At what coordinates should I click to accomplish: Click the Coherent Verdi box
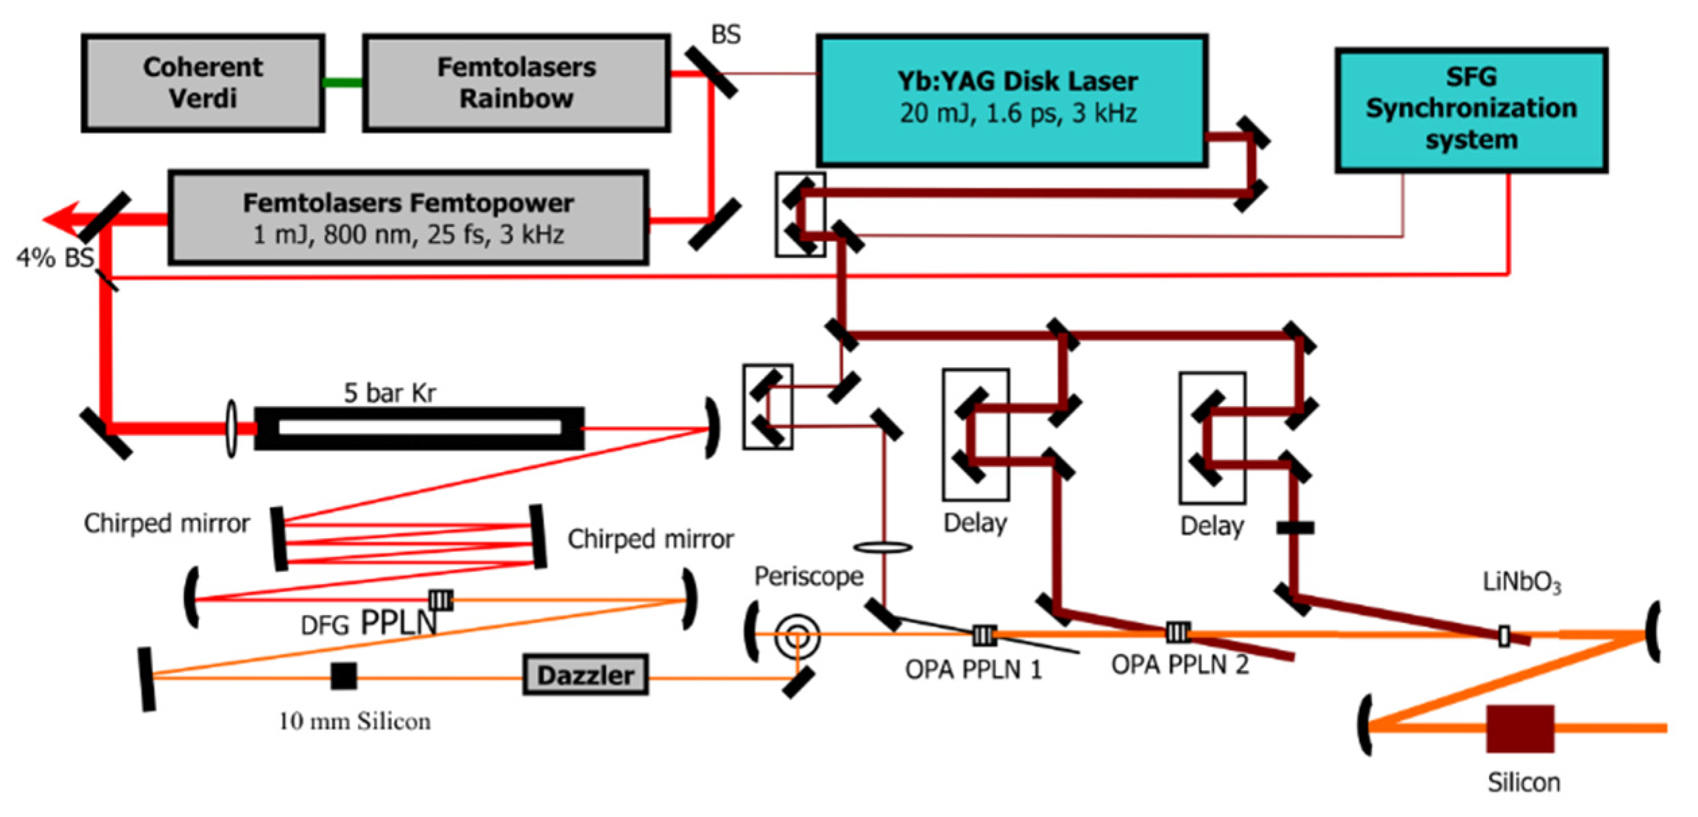tap(203, 83)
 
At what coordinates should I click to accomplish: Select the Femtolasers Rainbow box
tap(516, 83)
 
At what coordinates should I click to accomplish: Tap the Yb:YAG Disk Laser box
tap(1011, 100)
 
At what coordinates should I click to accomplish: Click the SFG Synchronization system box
tap(1471, 110)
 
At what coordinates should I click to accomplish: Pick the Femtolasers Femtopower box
tap(408, 218)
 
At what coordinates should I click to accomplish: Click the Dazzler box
tap(585, 675)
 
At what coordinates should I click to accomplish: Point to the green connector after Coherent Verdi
tap(343, 83)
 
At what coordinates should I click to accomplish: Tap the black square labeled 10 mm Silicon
tap(344, 676)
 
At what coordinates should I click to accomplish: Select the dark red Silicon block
tap(1519, 729)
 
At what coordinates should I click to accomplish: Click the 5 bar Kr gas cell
tap(419, 428)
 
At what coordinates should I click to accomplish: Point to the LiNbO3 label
tap(1521, 582)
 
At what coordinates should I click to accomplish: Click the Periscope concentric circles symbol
tap(797, 636)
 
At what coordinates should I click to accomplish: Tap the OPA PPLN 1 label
tap(972, 669)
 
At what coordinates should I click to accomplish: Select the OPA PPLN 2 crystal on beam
tap(1177, 632)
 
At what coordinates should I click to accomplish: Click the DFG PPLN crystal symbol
tap(441, 599)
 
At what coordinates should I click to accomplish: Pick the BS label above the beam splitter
tap(726, 35)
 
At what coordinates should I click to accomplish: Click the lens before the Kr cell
tap(231, 428)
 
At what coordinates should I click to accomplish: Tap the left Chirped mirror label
tap(166, 523)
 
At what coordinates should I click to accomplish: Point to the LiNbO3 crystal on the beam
tap(1504, 636)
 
